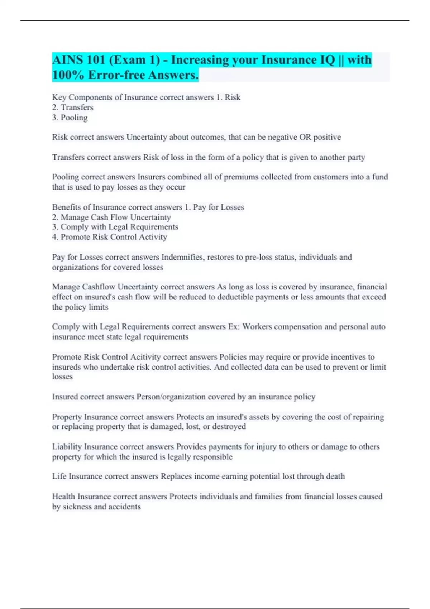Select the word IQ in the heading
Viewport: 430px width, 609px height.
point(327,60)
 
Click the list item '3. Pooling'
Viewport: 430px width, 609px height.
point(70,118)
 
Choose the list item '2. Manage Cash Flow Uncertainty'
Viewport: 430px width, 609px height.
point(111,217)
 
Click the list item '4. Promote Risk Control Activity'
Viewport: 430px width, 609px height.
point(110,237)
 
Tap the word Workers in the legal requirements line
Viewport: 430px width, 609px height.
point(257,327)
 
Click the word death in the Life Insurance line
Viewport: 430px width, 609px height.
point(335,476)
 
